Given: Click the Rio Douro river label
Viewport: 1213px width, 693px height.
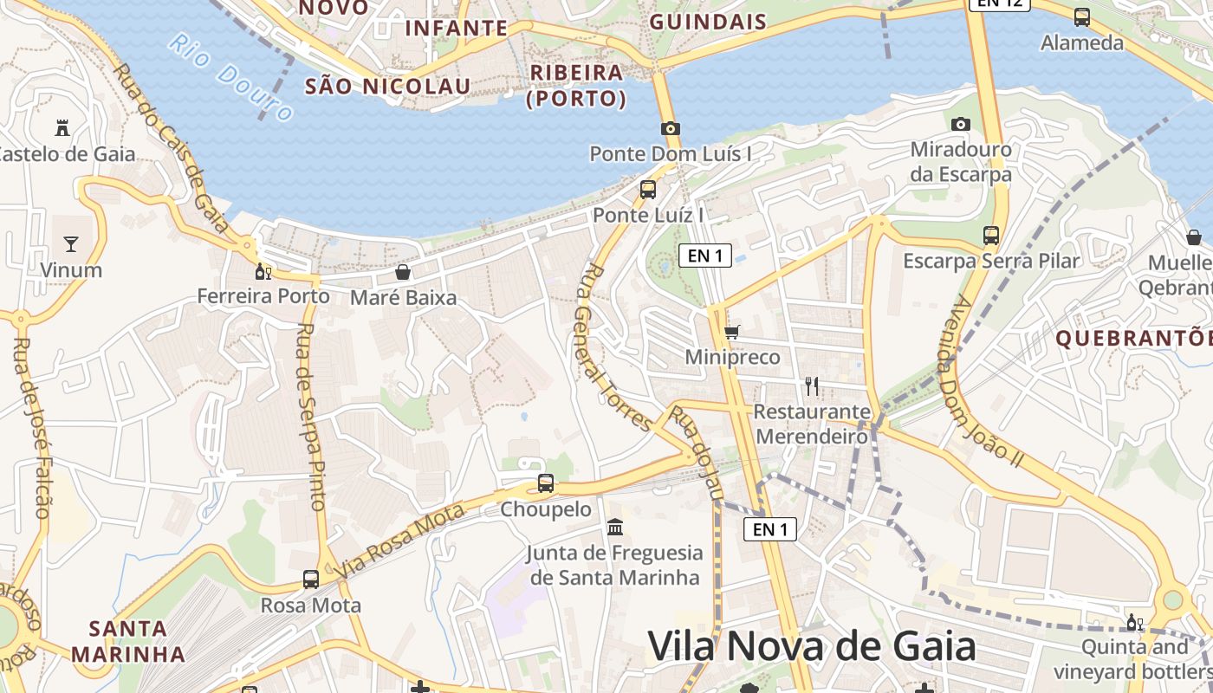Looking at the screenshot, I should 232,78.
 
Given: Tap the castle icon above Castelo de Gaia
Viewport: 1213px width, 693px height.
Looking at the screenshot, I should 62,128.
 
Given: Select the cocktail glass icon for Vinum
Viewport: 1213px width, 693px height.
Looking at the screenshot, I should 71,244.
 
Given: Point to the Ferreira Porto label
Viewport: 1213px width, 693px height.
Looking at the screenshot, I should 263,296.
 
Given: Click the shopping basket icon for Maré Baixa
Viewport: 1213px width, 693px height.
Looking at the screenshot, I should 403,272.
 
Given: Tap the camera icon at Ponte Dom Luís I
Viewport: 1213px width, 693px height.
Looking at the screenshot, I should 670,128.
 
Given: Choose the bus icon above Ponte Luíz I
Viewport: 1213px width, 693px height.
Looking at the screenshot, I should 648,190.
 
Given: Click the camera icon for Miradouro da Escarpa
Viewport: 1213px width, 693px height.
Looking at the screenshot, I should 960,124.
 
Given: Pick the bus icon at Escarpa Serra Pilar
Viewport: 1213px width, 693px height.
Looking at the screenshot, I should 991,235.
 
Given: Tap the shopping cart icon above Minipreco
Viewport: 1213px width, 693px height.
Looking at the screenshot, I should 732,331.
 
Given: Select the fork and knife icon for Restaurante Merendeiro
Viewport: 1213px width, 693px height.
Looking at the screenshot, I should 811,385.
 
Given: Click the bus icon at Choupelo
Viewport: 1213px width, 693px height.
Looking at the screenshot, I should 546,483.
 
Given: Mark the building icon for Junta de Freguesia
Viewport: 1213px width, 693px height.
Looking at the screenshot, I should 615,527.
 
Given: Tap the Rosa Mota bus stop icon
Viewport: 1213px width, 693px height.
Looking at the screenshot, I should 311,579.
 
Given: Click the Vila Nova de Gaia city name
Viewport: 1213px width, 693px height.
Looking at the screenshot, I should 812,646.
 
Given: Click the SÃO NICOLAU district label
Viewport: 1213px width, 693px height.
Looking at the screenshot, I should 387,86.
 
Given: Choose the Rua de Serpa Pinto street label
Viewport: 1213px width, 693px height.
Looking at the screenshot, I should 310,416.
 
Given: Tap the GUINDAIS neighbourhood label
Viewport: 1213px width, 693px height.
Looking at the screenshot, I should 708,23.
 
